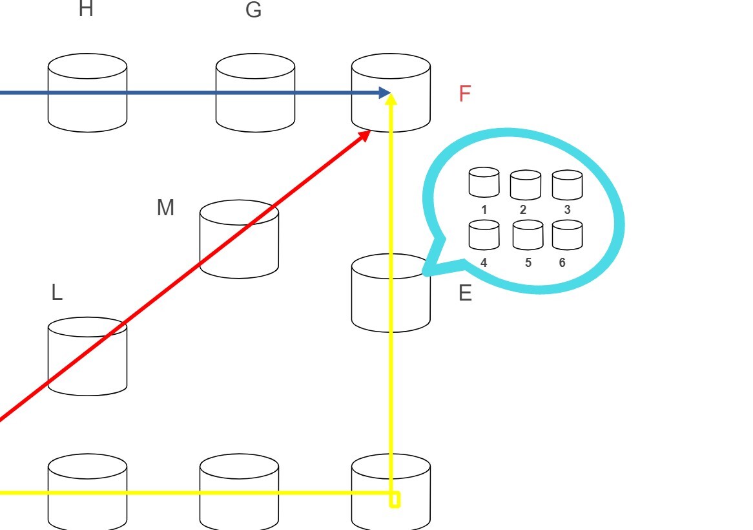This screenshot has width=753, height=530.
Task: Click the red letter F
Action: (x=464, y=94)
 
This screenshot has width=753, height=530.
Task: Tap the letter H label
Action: (x=85, y=10)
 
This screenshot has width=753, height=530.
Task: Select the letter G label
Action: (x=254, y=10)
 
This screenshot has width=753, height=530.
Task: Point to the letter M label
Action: (x=165, y=207)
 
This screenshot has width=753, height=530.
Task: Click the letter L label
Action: (x=57, y=293)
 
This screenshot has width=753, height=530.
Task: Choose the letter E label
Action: (x=465, y=293)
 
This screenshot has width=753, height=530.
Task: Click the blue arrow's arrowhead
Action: (x=385, y=93)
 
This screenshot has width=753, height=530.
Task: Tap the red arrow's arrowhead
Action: (x=365, y=135)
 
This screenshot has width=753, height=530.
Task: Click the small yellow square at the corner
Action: (x=395, y=500)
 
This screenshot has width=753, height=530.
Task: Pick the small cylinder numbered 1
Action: (x=484, y=182)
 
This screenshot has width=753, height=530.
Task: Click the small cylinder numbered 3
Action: (x=567, y=185)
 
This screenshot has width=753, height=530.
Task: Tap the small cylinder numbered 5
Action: (x=528, y=235)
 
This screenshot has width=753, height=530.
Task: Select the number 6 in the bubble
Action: (x=562, y=263)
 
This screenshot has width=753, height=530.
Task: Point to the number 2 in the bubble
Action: (x=522, y=210)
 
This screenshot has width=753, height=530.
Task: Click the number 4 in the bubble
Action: (x=484, y=263)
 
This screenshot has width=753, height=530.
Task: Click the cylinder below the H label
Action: (x=87, y=93)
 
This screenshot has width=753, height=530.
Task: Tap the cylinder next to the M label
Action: (x=239, y=239)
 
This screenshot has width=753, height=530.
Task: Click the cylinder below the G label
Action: (x=255, y=93)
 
